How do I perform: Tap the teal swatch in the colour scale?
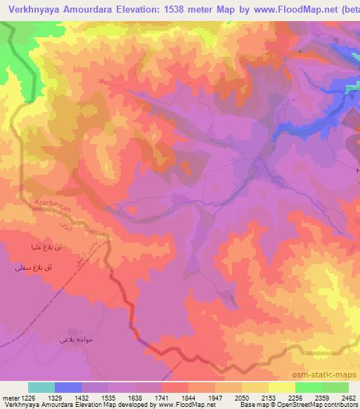[41, 387]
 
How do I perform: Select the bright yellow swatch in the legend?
[282, 387]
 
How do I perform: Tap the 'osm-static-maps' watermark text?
[330, 374]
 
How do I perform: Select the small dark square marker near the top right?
[300, 51]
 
